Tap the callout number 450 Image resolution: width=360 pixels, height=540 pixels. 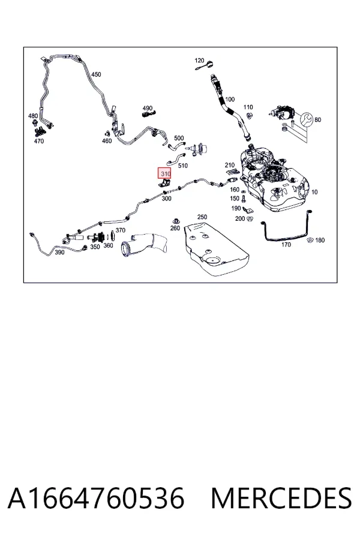click(x=96, y=74)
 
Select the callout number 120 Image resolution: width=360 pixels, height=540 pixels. click(x=199, y=61)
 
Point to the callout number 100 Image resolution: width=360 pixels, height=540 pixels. click(x=230, y=99)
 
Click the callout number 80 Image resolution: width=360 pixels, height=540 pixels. click(x=317, y=120)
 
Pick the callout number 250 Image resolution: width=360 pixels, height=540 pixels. click(x=202, y=217)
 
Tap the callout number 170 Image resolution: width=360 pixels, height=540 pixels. click(x=286, y=245)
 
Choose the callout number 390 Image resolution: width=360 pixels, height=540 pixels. click(x=59, y=253)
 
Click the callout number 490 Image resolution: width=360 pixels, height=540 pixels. click(x=148, y=108)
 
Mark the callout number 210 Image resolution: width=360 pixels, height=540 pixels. click(x=230, y=166)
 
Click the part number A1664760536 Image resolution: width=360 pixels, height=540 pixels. click(x=96, y=498)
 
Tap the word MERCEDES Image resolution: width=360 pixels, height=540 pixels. click(x=281, y=498)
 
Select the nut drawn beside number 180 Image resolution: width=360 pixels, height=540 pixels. click(x=310, y=240)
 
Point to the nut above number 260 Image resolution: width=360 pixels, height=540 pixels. click(x=176, y=221)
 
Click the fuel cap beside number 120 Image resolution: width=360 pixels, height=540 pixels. click(x=210, y=64)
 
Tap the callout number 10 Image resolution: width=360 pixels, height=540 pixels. click(x=314, y=192)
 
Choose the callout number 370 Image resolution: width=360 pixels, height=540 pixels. click(x=120, y=230)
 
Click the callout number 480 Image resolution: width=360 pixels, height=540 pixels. click(x=33, y=116)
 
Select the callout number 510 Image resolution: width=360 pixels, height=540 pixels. click(x=183, y=166)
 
